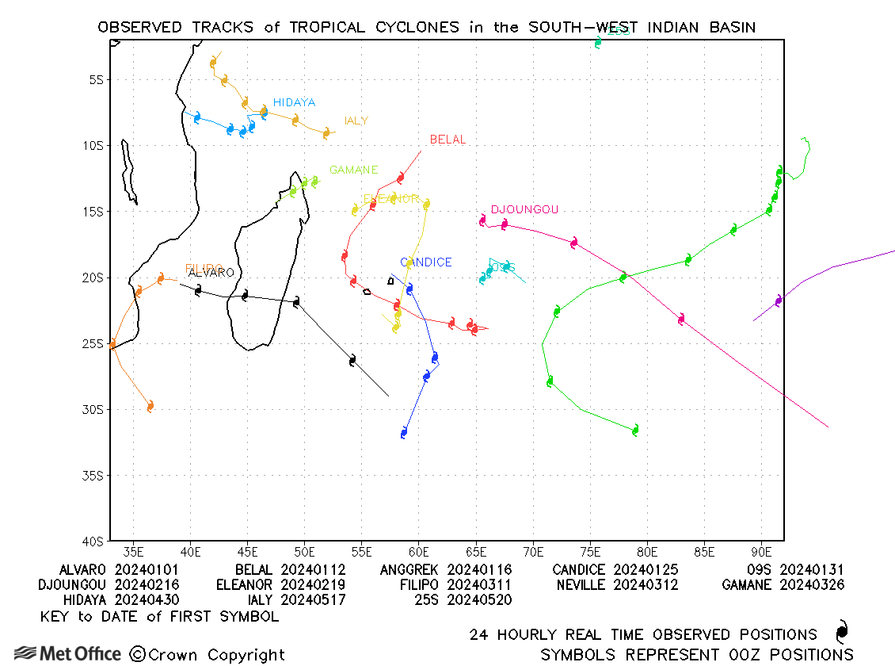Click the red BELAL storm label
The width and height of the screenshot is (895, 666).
[x=447, y=140]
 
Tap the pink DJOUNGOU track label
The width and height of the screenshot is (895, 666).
[x=524, y=210]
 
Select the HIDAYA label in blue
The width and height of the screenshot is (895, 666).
[x=294, y=103]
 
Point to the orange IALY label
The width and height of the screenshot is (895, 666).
[x=356, y=121]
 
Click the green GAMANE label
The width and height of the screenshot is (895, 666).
[x=353, y=170]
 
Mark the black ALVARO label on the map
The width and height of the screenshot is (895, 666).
[x=211, y=274]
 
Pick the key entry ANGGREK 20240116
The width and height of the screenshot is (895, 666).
[x=446, y=570]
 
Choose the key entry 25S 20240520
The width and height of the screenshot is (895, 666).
[x=463, y=600]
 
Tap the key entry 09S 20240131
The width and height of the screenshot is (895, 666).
[x=795, y=570]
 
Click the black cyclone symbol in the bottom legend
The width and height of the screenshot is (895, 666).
[x=842, y=633]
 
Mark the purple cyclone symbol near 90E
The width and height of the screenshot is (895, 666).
[x=779, y=300]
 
